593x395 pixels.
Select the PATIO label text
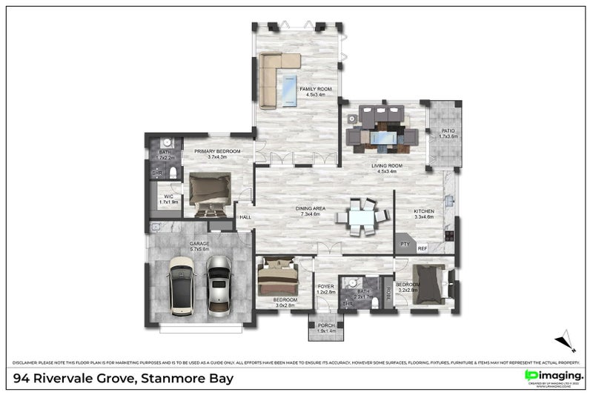point(448,133)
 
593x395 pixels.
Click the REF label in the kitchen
point(423,249)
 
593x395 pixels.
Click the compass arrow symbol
point(566,341)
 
